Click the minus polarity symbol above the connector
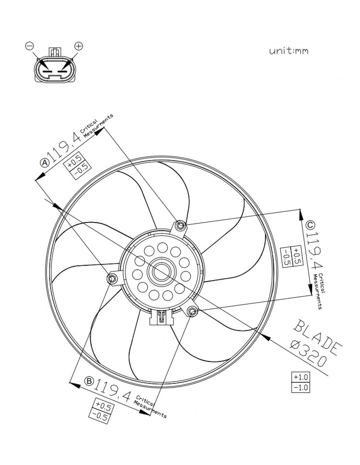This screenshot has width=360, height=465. point(29,46)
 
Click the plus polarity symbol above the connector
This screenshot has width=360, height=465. point(79,46)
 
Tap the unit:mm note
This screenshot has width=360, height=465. point(289,51)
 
